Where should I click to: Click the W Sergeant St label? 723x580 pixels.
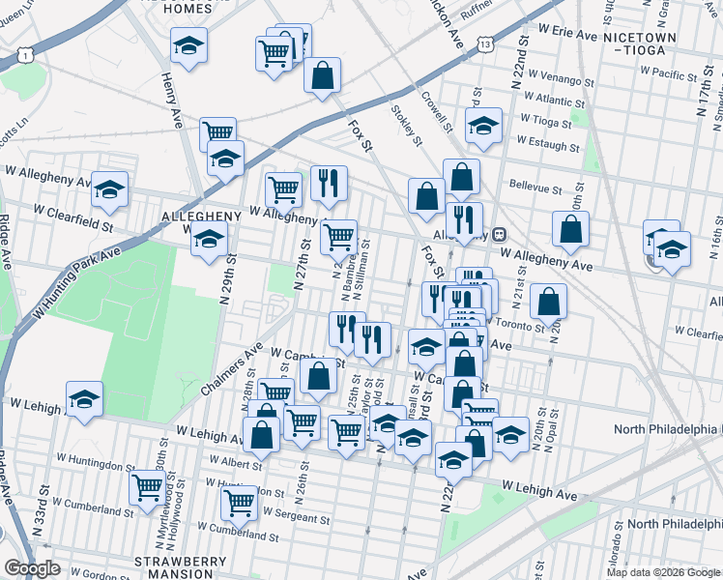point(296,517)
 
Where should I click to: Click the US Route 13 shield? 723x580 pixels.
point(484,44)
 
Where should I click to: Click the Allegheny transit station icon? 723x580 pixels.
point(500,234)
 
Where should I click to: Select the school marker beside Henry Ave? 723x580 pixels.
point(188,44)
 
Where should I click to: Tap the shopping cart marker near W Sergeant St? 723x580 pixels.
point(239,501)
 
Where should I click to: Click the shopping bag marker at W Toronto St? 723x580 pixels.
point(548,301)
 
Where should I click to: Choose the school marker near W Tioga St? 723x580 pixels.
point(483,125)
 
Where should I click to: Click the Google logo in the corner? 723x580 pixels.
point(32,568)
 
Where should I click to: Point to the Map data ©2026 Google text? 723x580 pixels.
point(663,572)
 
